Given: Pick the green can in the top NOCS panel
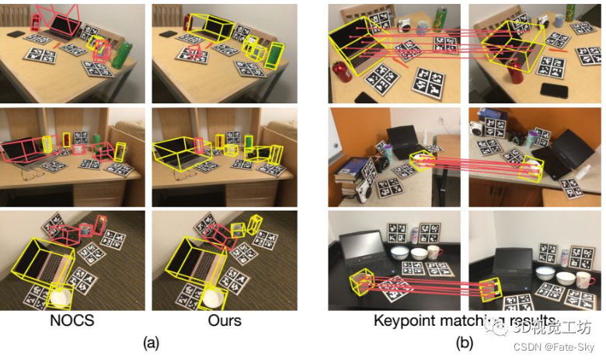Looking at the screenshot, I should [x=122, y=55].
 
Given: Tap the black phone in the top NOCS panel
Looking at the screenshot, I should [x=16, y=34].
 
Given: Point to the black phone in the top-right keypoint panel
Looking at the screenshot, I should [x=554, y=89].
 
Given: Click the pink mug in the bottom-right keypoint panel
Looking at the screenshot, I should [x=584, y=279].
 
